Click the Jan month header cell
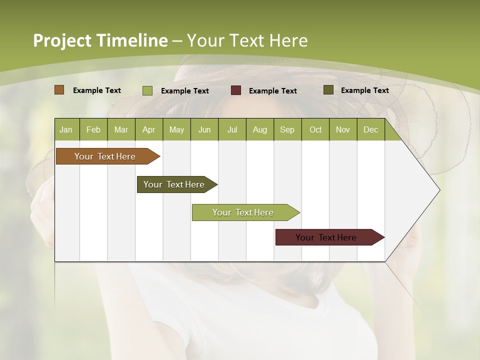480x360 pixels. (66, 129)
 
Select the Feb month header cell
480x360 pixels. (93, 129)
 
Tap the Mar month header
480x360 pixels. (121, 129)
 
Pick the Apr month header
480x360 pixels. (149, 129)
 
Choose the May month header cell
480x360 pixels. (176, 129)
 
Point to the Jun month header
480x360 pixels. (204, 129)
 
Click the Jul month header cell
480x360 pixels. (232, 129)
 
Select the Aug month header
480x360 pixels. (260, 129)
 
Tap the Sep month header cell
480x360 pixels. (287, 129)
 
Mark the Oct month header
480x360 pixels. (315, 129)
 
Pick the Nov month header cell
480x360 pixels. (343, 129)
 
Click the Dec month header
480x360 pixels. (371, 129)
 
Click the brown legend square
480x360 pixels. (59, 90)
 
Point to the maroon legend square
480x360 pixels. (236, 90)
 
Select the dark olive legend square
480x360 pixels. (328, 90)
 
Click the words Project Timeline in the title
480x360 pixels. (100, 40)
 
